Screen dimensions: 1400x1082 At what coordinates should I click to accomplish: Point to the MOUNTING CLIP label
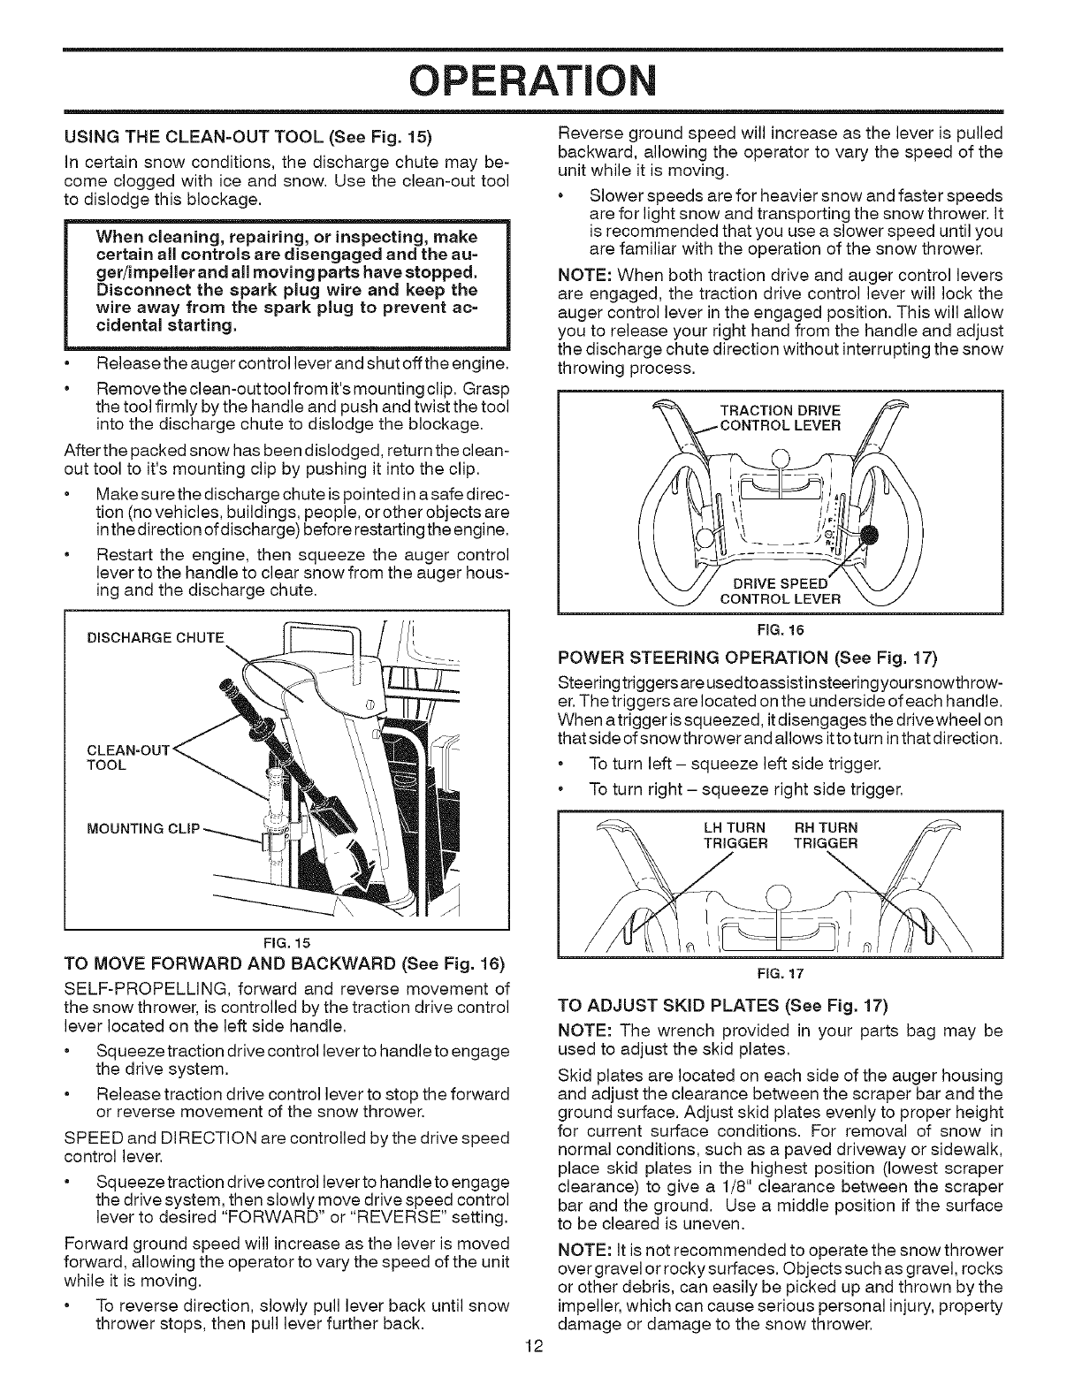click(144, 828)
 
